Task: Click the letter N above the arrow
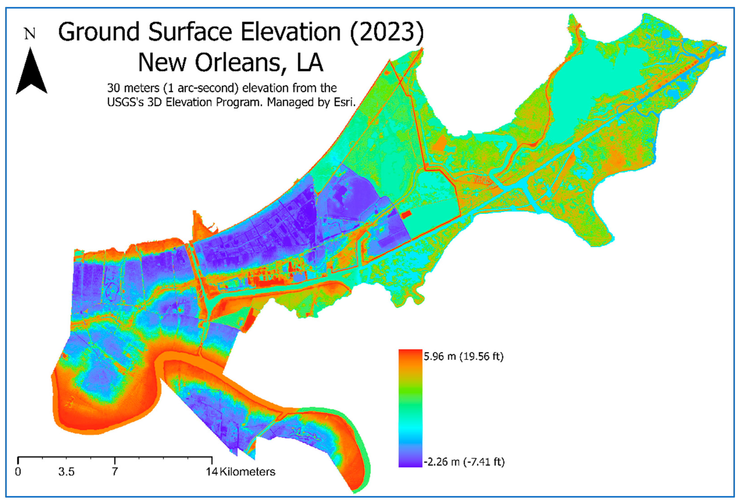(x=30, y=34)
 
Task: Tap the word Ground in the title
(x=99, y=32)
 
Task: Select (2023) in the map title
(x=387, y=32)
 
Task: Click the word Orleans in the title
(x=238, y=63)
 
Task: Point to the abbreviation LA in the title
(x=310, y=63)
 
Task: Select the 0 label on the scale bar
(x=18, y=471)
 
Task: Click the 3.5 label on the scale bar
(x=66, y=471)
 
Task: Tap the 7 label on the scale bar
(x=115, y=471)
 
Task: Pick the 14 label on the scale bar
(x=211, y=471)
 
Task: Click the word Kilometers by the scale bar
(x=247, y=471)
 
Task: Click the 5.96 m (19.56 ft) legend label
(x=463, y=356)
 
